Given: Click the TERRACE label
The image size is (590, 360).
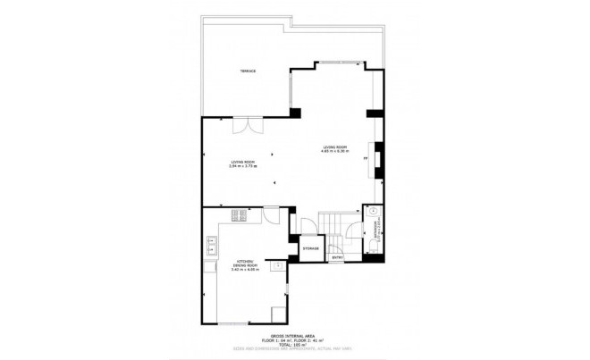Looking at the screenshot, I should pos(248,71).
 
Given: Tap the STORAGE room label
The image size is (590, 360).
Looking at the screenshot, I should pos(310,247).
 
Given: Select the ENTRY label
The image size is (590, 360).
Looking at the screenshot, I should pos(337,258).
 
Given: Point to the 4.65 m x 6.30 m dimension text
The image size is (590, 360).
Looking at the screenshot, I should pos(334,150).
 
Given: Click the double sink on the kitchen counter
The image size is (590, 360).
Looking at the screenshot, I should pos(213,242).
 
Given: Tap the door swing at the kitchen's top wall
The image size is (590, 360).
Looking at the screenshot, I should pos(272,216).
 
